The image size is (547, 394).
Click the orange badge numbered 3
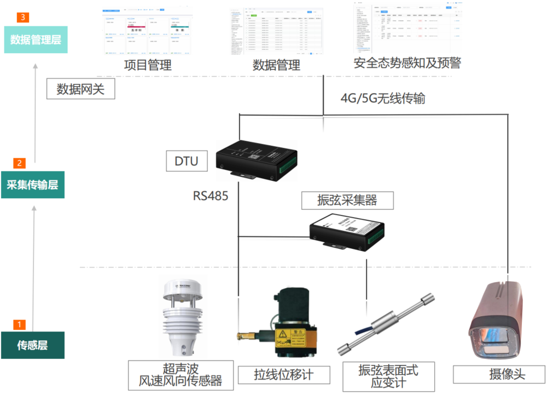click(22, 17)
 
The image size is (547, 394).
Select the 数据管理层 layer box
click(36, 40)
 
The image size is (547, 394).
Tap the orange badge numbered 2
click(20, 163)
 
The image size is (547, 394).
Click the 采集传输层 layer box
click(33, 185)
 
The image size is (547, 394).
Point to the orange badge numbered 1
click(19, 324)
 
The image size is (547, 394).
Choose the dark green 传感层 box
click(33, 345)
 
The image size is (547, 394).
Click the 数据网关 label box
click(80, 89)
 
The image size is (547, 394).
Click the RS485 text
click(210, 196)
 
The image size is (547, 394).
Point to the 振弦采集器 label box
click(347, 200)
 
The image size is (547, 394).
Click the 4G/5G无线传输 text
click(383, 99)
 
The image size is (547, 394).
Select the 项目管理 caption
click(148, 65)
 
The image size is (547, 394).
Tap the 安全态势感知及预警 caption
click(408, 63)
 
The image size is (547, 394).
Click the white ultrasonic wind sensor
click(179, 318)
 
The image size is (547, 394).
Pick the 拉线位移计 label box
click(284, 375)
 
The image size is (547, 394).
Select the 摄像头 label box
click(499, 375)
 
